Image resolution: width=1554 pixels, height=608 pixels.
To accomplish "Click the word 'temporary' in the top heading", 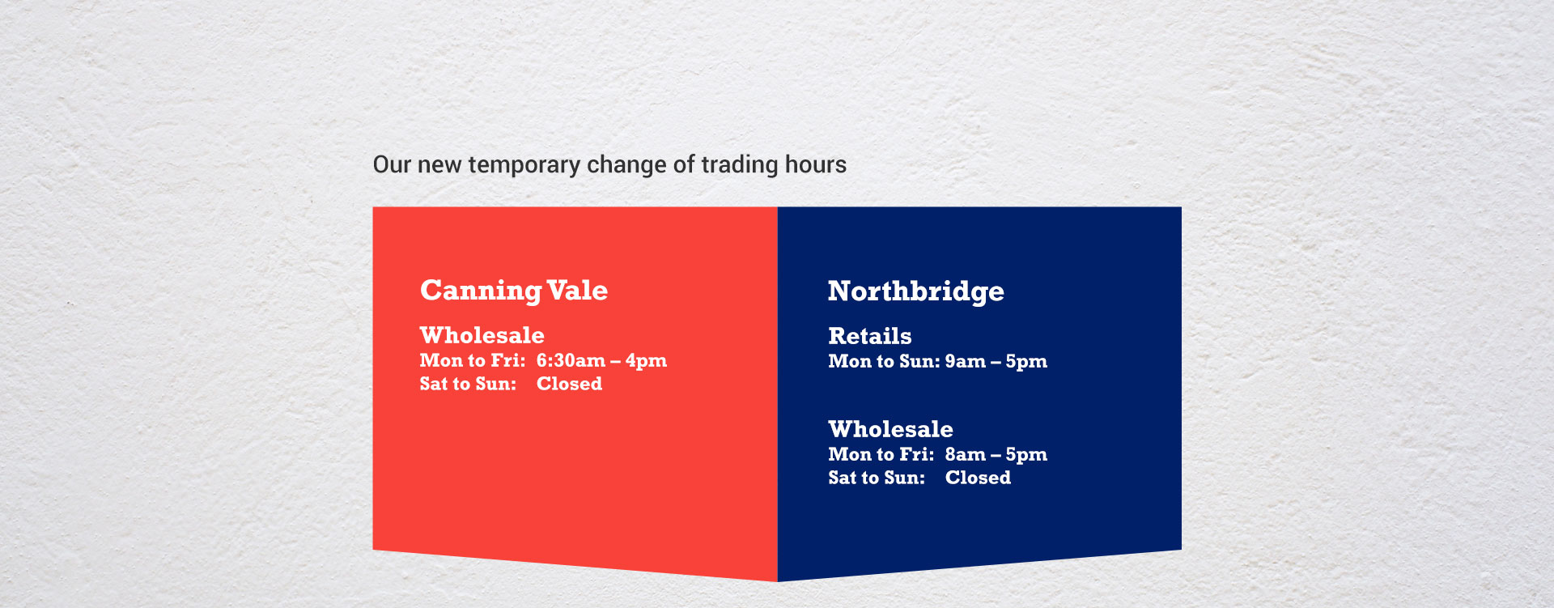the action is [524, 165].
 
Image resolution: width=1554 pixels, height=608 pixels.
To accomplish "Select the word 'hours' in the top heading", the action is [815, 164].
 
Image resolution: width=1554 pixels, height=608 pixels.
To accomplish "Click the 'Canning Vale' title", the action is [513, 291].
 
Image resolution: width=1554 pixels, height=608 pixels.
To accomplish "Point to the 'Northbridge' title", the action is [915, 291].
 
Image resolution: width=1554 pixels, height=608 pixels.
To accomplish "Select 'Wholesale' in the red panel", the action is [482, 335].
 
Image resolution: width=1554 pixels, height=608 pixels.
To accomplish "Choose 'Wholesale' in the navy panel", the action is [890, 429].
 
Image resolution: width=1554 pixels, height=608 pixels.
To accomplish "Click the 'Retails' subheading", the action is [869, 336].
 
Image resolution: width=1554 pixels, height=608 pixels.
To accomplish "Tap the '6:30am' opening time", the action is [571, 360].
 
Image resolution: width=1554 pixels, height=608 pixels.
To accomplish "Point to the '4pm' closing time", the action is [646, 361].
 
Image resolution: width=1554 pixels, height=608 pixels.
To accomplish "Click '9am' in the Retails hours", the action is [965, 361].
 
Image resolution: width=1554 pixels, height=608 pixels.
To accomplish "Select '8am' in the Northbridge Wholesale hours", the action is [965, 454].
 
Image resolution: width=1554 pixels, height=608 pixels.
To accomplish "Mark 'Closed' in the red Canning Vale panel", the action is [569, 384].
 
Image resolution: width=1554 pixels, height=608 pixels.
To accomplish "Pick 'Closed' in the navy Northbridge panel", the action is [978, 478].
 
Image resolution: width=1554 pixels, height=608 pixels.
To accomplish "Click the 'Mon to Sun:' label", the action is [884, 361].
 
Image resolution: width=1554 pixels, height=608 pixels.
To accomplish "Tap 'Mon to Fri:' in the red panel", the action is [473, 360].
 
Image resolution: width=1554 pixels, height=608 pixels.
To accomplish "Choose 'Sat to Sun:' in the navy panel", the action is [877, 478].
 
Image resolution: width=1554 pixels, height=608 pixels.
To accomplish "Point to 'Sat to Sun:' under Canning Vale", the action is [468, 384].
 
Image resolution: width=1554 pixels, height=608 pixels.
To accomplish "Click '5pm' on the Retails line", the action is [1026, 362].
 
